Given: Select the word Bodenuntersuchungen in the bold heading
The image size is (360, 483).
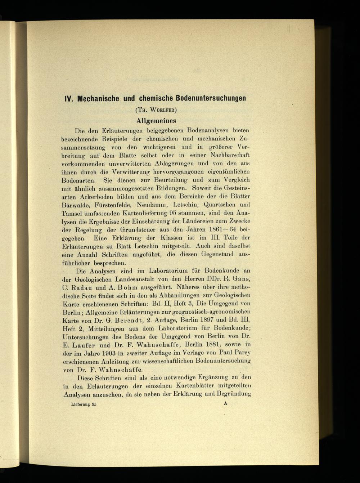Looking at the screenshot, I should click(211, 98).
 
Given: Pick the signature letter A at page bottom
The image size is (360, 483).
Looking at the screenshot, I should click(226, 404).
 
